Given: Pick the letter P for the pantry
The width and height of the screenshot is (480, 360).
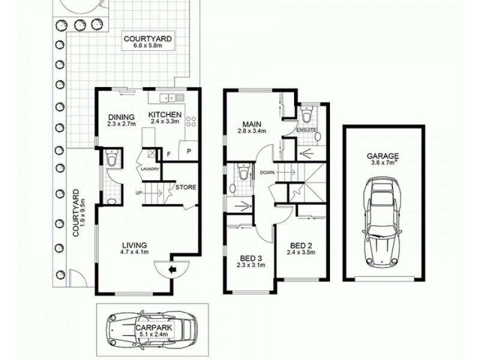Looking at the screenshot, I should click(x=188, y=151).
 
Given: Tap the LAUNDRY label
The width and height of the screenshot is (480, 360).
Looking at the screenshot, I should click(x=149, y=169).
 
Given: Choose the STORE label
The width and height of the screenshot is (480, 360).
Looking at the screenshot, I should click(x=186, y=187).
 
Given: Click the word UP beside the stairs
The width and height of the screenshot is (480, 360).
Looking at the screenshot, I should click(x=139, y=193).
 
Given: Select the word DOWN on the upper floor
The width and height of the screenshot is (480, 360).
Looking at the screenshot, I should click(x=268, y=173).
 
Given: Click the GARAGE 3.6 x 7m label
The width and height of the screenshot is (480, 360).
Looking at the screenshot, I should click(x=383, y=158).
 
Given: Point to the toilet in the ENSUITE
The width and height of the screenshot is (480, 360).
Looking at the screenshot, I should click(x=307, y=114).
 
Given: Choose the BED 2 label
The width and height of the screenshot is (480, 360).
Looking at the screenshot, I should click(x=300, y=249).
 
